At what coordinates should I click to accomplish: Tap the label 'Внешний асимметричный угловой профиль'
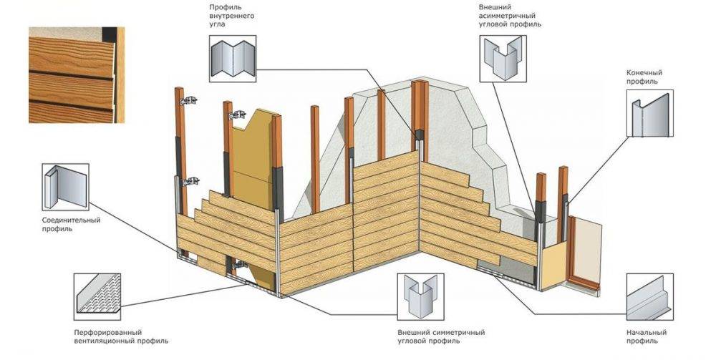(509, 15)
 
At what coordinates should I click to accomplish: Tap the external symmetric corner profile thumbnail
(420, 296)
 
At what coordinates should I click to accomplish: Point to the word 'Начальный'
(647, 333)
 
